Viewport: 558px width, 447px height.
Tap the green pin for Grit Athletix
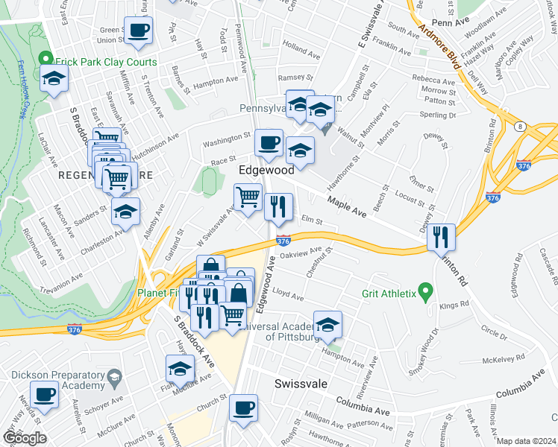click(426, 290)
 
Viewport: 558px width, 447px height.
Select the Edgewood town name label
click(266, 171)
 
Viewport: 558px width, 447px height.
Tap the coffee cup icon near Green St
click(138, 31)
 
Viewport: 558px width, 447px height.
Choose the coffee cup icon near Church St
click(242, 407)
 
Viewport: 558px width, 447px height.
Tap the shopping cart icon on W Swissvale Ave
click(248, 197)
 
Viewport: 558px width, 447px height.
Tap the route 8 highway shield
click(518, 127)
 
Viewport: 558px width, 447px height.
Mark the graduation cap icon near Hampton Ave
click(327, 324)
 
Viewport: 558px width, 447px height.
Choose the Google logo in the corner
click(25, 437)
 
